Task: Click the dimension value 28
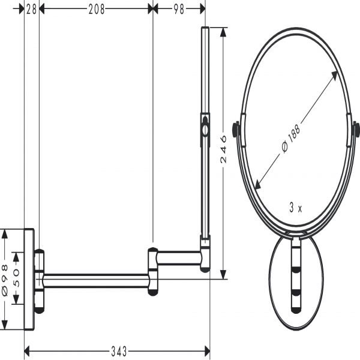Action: (x=31, y=10)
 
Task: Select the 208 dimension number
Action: (x=97, y=10)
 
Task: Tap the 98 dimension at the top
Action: (x=179, y=10)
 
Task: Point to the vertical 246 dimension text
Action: (x=223, y=149)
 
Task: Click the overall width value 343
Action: (x=119, y=351)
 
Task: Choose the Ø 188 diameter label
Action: (x=290, y=139)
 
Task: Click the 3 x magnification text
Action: (x=296, y=208)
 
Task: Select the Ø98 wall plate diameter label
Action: (x=5, y=280)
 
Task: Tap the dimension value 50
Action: (x=17, y=278)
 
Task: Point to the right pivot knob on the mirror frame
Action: (x=356, y=130)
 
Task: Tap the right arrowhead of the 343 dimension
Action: (x=207, y=351)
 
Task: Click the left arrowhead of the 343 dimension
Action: (x=27, y=351)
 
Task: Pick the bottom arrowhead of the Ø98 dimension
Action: (x=5, y=326)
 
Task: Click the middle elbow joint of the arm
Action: (x=153, y=271)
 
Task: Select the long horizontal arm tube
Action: (x=96, y=281)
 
